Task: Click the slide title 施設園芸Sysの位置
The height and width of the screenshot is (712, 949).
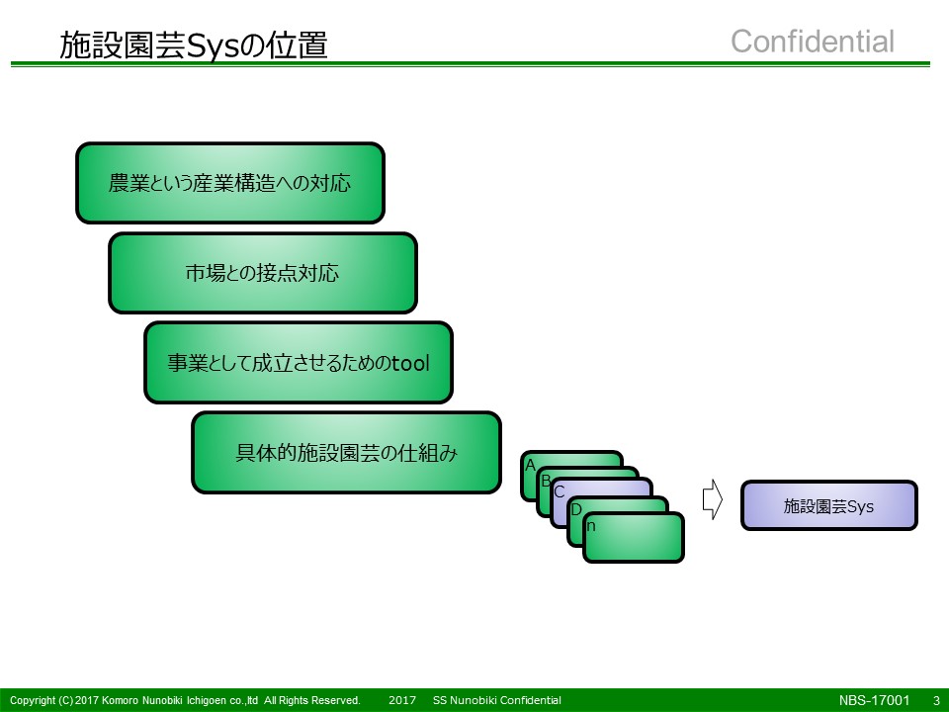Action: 194,44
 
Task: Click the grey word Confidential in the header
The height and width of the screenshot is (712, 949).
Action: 813,42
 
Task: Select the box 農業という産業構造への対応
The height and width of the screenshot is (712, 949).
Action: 230,183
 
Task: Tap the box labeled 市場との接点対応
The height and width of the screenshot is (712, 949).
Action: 263,273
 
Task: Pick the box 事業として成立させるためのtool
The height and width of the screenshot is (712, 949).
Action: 299,363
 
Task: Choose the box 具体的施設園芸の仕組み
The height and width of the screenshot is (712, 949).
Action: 346,452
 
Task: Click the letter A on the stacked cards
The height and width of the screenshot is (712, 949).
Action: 530,465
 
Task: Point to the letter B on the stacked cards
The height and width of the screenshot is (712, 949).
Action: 546,481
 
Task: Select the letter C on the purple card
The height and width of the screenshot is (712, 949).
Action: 560,491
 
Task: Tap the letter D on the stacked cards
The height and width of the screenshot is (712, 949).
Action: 576,509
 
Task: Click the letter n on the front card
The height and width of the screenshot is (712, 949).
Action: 591,526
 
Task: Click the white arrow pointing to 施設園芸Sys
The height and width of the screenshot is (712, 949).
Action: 713,499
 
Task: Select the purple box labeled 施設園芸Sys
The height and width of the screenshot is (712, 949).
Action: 829,505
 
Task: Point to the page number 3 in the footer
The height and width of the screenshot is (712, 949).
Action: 936,700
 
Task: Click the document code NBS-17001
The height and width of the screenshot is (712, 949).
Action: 874,700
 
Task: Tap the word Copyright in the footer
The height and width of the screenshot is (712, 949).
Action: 33,700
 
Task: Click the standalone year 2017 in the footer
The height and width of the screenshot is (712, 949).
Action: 402,700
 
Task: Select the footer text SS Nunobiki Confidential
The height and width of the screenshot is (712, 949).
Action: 497,700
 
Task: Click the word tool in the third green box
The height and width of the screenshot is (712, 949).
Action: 410,363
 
